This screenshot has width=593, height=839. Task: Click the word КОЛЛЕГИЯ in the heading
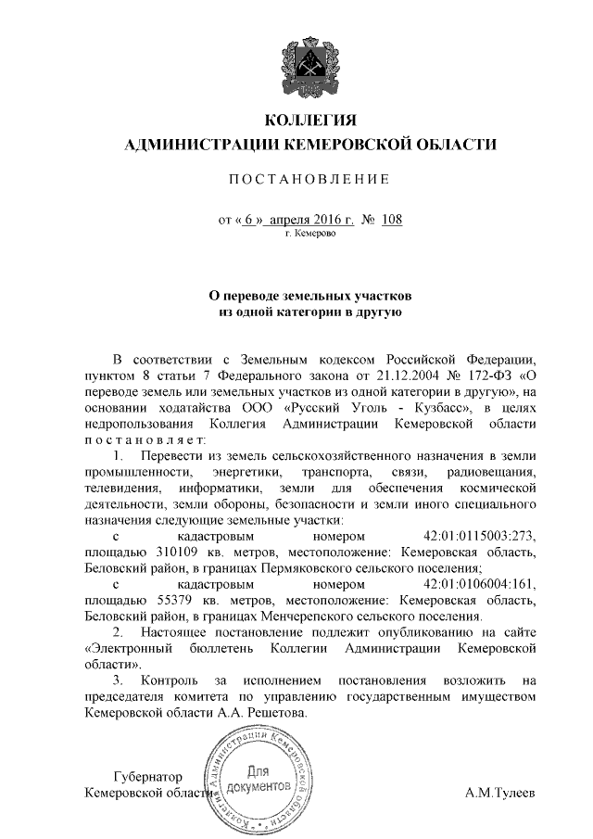(x=310, y=122)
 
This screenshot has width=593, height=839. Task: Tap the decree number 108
(x=392, y=220)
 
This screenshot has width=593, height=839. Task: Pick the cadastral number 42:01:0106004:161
(x=479, y=585)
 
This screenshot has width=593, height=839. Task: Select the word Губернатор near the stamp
(x=146, y=777)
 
